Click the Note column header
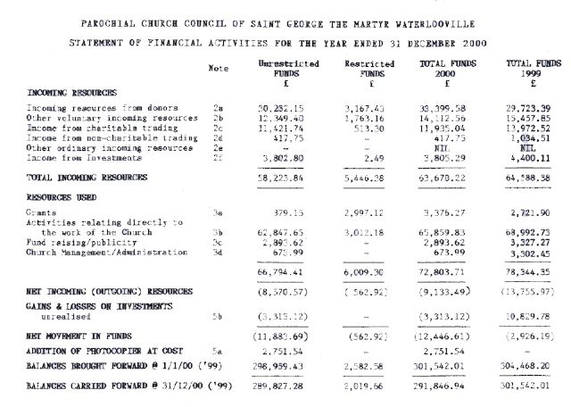point(218,68)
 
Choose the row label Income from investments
point(84,158)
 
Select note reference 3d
point(217,253)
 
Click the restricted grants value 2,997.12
point(368,214)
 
